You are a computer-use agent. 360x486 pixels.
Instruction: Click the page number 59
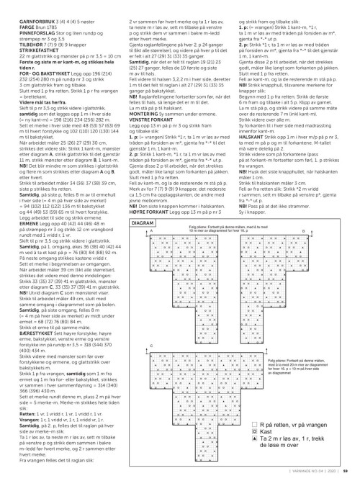tap(346, 471)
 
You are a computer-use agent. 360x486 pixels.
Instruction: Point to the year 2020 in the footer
tap(333, 471)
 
